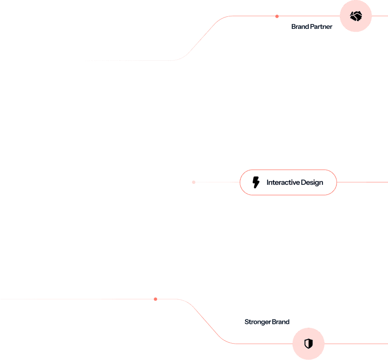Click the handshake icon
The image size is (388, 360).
click(x=356, y=16)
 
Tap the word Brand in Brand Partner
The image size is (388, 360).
click(x=300, y=26)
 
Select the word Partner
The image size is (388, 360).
click(x=321, y=26)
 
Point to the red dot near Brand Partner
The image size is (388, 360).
click(x=277, y=16)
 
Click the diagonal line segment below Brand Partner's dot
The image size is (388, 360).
click(x=200, y=39)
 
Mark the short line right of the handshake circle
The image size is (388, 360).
click(x=380, y=16)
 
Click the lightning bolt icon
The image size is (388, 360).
click(x=256, y=182)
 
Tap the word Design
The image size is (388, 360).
click(x=312, y=182)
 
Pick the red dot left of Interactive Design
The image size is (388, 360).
click(x=194, y=182)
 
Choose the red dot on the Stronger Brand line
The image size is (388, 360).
click(x=155, y=299)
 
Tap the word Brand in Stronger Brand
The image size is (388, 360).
click(x=281, y=322)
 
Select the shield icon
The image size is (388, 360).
click(x=309, y=344)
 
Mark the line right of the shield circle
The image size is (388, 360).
click(x=356, y=344)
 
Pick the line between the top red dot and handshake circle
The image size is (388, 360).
click(x=308, y=16)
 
